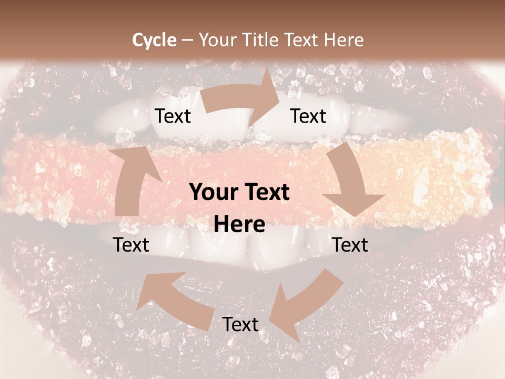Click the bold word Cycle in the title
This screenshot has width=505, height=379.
click(x=154, y=40)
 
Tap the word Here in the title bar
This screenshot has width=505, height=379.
click(x=344, y=40)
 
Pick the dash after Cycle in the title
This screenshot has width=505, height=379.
click(x=187, y=41)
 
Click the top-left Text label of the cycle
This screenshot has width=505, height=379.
click(x=173, y=116)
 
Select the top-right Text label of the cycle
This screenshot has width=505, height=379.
click(x=308, y=116)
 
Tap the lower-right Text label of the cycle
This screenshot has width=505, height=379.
click(x=350, y=245)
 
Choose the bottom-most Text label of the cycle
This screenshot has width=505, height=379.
click(x=240, y=324)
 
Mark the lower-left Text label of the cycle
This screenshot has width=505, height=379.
click(x=132, y=245)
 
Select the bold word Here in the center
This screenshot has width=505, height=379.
click(x=240, y=225)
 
